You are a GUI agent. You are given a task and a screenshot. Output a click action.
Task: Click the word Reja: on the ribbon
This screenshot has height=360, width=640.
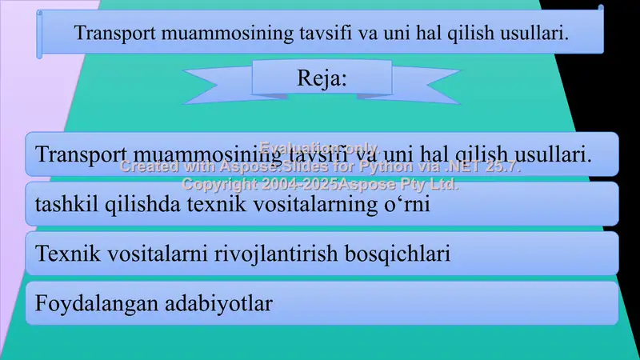(x=322, y=78)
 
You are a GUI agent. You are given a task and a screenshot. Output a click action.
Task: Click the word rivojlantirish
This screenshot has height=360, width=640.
(x=289, y=254)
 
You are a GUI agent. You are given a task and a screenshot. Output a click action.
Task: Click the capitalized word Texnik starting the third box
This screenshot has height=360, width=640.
(x=63, y=254)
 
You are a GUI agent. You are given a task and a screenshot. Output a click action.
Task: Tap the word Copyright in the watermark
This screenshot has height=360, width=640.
(x=219, y=184)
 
